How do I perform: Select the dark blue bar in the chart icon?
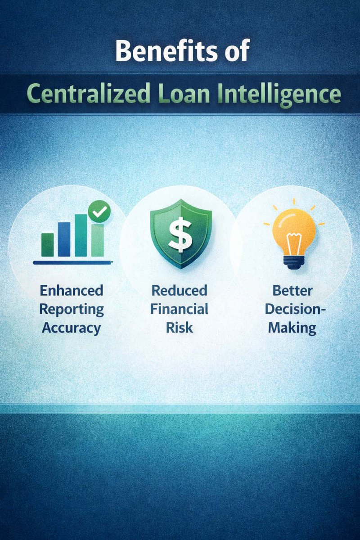coord(64,239)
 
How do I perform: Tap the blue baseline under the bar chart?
coord(72,261)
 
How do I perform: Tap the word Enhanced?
coord(72,290)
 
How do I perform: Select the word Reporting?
coord(72,309)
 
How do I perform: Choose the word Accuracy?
coord(72,328)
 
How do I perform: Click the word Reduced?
coord(180,290)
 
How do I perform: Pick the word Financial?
coord(180,309)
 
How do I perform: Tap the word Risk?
coord(180,327)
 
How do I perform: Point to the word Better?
coord(292,290)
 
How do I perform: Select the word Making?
coord(292,328)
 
